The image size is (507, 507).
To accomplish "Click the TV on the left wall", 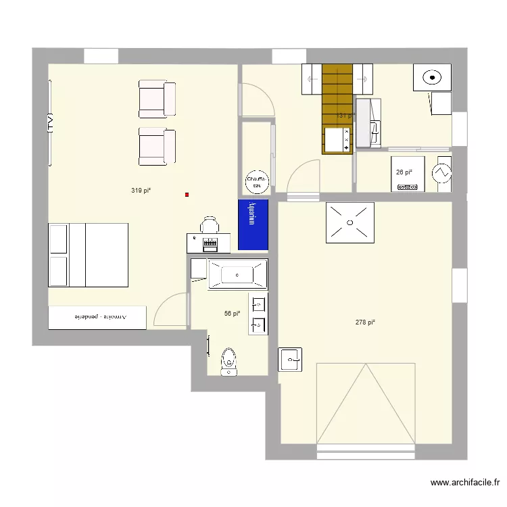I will tap(50, 122).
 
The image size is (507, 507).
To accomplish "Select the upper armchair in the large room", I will tap(157, 99).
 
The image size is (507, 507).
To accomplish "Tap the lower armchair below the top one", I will tap(157, 146).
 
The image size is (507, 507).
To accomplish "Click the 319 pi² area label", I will tap(141, 191).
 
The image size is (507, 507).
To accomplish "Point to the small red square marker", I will tap(187, 195).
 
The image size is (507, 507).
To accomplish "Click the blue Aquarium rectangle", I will tap(253, 224).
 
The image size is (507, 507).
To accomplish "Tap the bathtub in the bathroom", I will tap(237, 274).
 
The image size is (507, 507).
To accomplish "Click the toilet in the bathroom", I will tap(229, 361).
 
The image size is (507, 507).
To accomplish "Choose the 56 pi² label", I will tap(232, 314).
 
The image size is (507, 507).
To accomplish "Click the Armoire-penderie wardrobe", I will tap(97, 317).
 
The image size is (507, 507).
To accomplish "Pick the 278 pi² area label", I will tap(364, 322).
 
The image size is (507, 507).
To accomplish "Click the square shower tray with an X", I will tap(349, 222).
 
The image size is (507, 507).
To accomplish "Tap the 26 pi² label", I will tap(404, 172).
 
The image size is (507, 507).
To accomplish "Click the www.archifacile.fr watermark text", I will tap(465, 483).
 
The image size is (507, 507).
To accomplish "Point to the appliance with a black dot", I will tap(432, 78).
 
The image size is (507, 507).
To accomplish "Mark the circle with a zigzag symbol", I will tap(443, 172).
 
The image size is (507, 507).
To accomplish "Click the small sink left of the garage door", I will tap(291, 359).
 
